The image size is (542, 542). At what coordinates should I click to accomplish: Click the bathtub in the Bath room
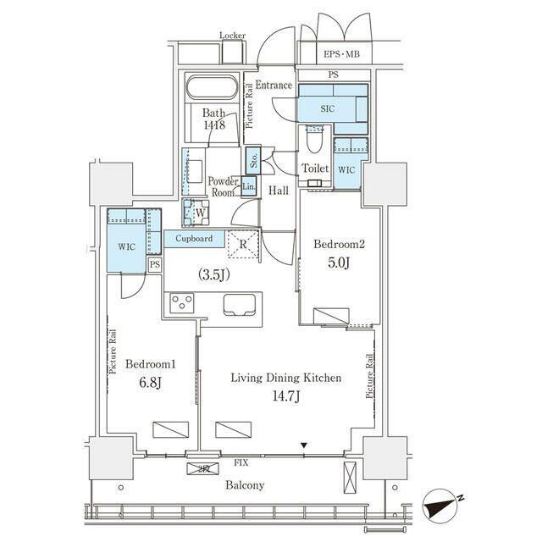tap(212, 87)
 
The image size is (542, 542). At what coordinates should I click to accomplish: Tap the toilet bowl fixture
tap(314, 139)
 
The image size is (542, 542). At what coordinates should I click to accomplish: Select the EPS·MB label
tap(341, 54)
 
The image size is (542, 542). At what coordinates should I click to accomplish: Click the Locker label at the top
tap(232, 36)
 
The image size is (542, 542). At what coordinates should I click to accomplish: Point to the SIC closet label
tap(327, 109)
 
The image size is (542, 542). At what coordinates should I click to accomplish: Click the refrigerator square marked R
tap(243, 244)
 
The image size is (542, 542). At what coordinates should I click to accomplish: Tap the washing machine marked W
tap(196, 213)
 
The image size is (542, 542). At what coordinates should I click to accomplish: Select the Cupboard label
tap(194, 238)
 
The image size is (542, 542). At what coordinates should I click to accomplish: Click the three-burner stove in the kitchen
tap(182, 303)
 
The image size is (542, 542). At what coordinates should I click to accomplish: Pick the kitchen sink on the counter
tap(240, 304)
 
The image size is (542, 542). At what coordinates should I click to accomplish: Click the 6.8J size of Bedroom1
tap(151, 382)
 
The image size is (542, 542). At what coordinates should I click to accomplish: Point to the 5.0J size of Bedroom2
tap(339, 263)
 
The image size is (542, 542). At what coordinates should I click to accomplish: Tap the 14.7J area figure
tap(286, 395)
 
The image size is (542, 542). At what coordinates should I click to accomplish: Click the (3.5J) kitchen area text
tap(214, 274)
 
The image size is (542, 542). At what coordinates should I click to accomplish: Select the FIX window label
tap(241, 462)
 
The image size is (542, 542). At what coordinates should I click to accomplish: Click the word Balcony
tap(245, 485)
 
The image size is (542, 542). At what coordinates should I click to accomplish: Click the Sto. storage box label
tap(253, 160)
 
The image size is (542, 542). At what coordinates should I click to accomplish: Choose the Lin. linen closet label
tap(248, 186)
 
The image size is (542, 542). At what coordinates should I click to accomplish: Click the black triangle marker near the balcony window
tap(303, 445)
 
